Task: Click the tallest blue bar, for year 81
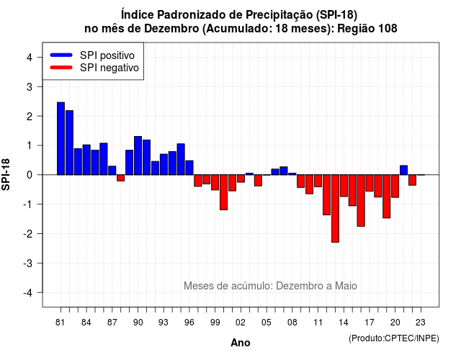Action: [x=61, y=138]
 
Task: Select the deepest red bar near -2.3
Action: [x=335, y=208]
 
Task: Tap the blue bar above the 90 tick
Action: [x=138, y=156]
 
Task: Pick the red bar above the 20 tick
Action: [x=395, y=186]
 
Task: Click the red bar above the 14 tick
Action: [x=344, y=186]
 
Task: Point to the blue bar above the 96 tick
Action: [x=189, y=168]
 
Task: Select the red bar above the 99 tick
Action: [x=215, y=182]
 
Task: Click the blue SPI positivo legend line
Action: [x=61, y=55]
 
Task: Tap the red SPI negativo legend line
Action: [x=61, y=67]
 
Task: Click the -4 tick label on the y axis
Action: [x=28, y=293]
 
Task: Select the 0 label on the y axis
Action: [x=30, y=175]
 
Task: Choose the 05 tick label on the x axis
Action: [x=267, y=323]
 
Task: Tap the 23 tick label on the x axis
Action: [x=421, y=323]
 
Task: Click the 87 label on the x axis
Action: [x=112, y=323]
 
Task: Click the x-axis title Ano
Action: [x=241, y=343]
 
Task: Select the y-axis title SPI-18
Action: [x=6, y=174]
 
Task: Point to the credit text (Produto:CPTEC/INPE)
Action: [x=394, y=338]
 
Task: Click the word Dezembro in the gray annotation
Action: [x=297, y=286]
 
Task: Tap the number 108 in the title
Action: [x=388, y=29]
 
